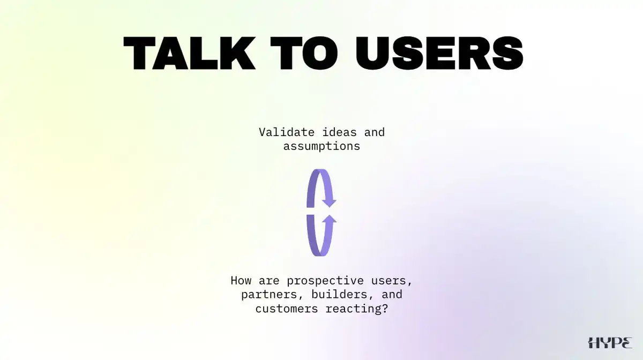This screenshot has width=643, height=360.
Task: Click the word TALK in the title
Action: (190, 53)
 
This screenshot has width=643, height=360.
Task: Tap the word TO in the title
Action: (304, 53)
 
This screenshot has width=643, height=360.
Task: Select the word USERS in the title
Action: (439, 53)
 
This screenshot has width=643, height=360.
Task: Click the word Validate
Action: (287, 132)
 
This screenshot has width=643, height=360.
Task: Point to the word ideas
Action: (339, 132)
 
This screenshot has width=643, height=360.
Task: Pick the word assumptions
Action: (322, 147)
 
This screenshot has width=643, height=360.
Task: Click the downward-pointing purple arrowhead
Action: (329, 202)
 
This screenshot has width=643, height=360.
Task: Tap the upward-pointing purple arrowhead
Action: (329, 220)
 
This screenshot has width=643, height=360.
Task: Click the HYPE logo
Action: (610, 342)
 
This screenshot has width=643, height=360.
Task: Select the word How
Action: (241, 281)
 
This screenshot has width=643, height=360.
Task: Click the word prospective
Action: (325, 281)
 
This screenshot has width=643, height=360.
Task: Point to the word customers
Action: (287, 309)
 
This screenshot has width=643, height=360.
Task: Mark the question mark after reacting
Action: (385, 309)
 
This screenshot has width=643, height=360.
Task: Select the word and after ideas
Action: (375, 132)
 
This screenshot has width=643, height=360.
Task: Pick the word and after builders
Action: (392, 295)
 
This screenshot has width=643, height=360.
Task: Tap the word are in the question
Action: (269, 281)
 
